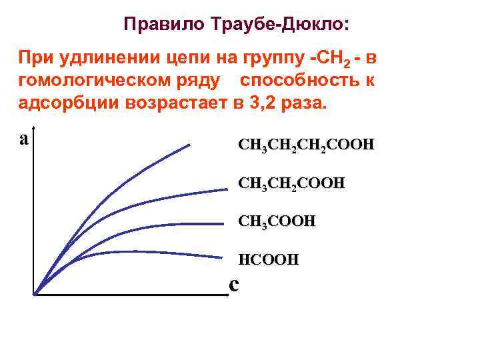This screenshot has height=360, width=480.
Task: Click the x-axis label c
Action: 233,284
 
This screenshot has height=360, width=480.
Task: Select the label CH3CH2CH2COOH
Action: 306,145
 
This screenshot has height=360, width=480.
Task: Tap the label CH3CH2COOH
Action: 291,183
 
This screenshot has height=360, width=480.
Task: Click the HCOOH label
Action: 269,259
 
